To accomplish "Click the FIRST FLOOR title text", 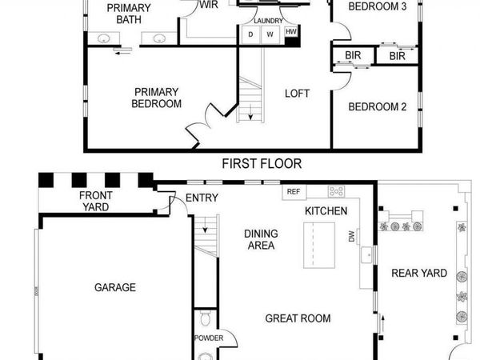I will click(261, 163).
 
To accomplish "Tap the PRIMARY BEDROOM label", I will click(157, 98).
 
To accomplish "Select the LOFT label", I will click(297, 94).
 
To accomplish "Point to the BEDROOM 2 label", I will click(378, 106).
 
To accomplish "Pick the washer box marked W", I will click(270, 34).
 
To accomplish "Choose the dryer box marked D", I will click(250, 34).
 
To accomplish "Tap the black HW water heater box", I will click(291, 32).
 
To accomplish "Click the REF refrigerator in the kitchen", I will click(293, 192).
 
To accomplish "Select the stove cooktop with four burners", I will click(336, 191).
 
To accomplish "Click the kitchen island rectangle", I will click(319, 247).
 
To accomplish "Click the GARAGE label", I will click(115, 287).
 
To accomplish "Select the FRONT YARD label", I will click(94, 201).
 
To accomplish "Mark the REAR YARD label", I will click(418, 273).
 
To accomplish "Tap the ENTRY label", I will click(202, 198).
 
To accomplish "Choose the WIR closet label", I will click(209, 5).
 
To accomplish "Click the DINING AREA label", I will click(261, 239).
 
